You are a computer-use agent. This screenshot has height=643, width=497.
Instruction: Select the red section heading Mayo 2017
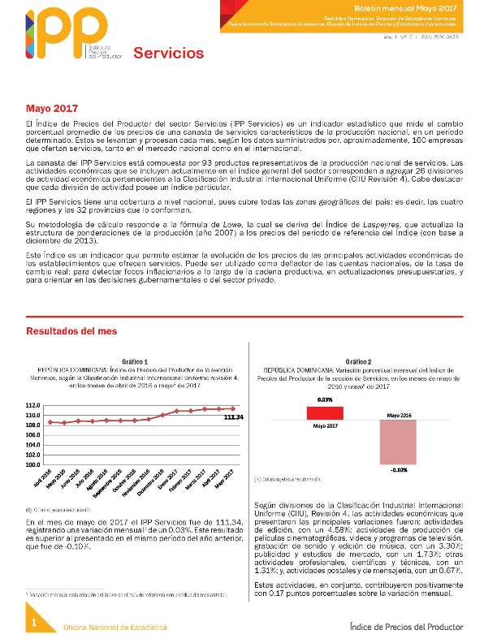coord(51,108)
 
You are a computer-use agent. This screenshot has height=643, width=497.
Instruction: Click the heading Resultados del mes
coord(71,330)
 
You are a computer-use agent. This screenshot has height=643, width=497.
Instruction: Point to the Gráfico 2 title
coord(357,360)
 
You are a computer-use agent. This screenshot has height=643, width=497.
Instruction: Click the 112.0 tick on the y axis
coord(32,405)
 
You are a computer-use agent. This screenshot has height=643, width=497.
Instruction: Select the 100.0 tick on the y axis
coord(32,465)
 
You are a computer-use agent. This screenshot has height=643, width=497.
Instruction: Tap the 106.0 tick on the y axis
coord(32,435)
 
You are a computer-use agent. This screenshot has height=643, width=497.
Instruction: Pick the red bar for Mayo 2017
coord(325,412)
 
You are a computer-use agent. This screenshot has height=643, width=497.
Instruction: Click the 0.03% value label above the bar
coord(325,399)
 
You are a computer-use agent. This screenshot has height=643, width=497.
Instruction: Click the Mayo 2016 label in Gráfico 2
coord(398,414)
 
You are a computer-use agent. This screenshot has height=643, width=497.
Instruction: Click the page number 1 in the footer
coord(34,622)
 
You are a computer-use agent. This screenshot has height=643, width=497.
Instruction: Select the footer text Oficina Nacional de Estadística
coord(115,628)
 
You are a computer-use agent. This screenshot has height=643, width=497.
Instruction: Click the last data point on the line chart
coord(233,408)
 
